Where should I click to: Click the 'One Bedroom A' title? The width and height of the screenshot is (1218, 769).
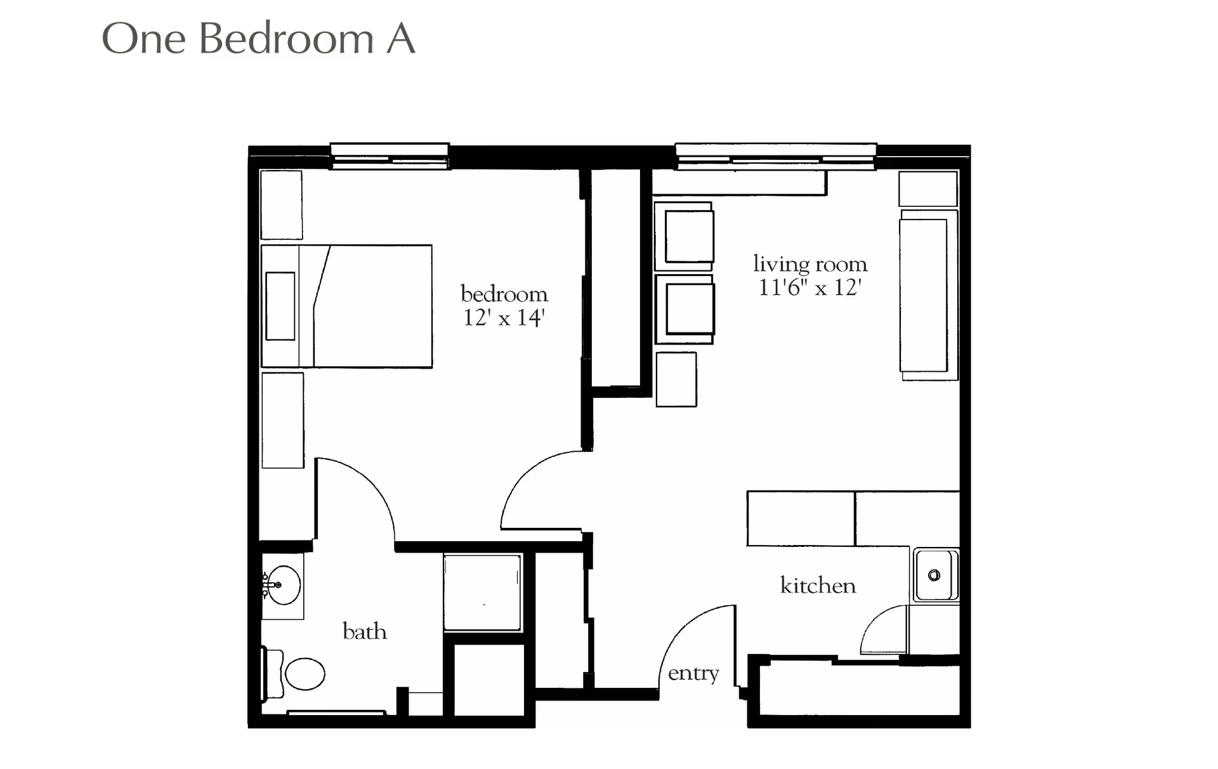(258, 39)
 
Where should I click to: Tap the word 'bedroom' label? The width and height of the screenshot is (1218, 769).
(504, 294)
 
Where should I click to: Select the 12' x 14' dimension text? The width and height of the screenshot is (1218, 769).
(504, 317)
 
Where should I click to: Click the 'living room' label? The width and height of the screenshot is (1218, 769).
(809, 263)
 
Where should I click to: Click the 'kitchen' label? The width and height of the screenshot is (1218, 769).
(817, 585)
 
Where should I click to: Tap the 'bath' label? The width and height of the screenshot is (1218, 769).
(364, 631)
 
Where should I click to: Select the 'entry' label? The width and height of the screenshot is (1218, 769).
(693, 673)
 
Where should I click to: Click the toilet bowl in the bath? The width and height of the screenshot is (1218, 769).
(304, 673)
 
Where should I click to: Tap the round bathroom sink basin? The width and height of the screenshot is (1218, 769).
(283, 585)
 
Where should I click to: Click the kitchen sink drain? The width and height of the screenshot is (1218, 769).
(934, 575)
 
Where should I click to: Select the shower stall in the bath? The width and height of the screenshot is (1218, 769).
(482, 593)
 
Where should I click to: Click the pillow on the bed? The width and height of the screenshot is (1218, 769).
(280, 306)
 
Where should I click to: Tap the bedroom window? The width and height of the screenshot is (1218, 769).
(390, 156)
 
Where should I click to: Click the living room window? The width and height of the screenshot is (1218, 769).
(775, 156)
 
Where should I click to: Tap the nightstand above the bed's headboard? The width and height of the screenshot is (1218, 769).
(282, 204)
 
